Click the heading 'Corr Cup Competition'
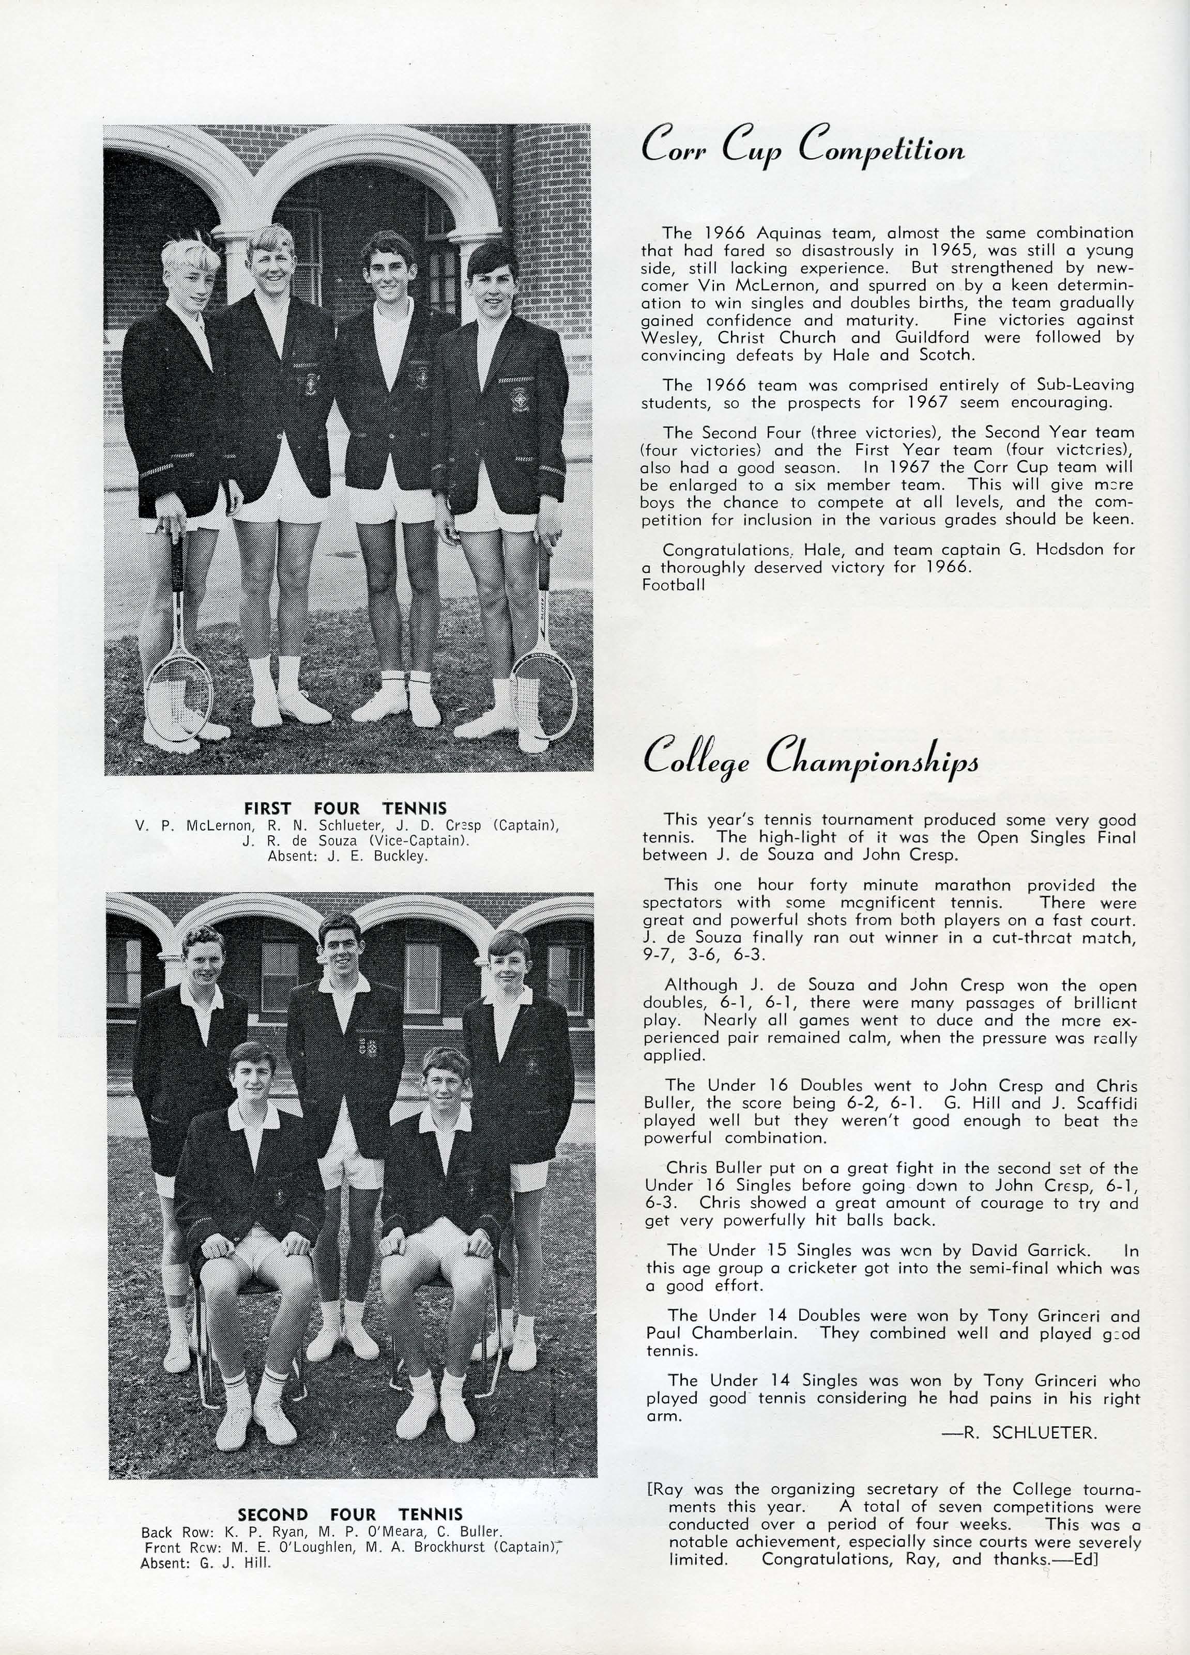(802, 147)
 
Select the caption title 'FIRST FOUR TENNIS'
(345, 808)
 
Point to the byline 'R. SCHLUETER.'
(1029, 1432)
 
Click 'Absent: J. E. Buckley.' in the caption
(347, 856)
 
